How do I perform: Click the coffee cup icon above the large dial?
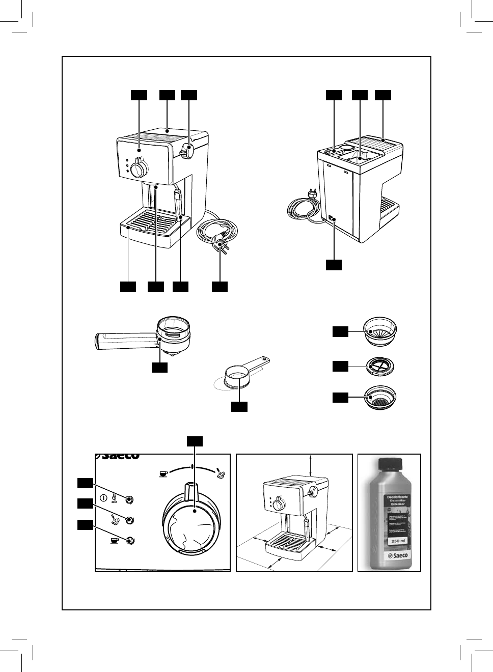(163, 474)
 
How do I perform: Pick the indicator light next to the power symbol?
(130, 499)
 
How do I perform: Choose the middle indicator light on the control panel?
(130, 520)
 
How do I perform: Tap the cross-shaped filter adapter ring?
(378, 366)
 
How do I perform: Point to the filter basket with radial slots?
(379, 331)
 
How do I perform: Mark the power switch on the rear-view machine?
(333, 219)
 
